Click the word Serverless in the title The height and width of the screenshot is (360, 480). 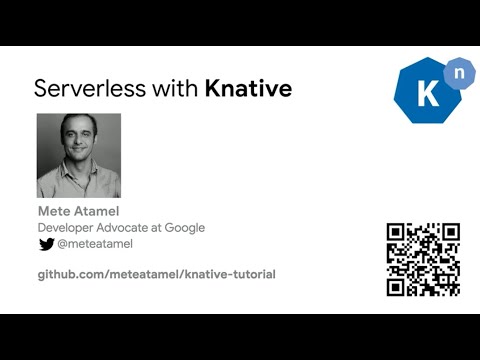coord(85,88)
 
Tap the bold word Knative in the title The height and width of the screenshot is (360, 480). coord(248,88)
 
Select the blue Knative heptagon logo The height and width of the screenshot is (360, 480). coord(426,92)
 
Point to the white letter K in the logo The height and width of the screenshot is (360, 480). coord(424,96)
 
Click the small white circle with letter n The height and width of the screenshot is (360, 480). coord(457,72)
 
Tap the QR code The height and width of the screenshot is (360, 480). coord(423,259)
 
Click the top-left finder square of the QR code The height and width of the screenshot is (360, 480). coord(397,233)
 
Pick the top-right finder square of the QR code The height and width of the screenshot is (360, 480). coord(449,233)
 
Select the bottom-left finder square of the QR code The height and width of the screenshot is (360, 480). coord(397,285)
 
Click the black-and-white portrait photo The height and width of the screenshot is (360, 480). coord(79,155)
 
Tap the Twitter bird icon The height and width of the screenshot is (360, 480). coord(46,244)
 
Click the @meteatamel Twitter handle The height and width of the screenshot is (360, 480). coord(95,244)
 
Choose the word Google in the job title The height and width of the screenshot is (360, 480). coord(183,228)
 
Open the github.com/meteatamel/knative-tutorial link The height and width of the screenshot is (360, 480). coord(156,274)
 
